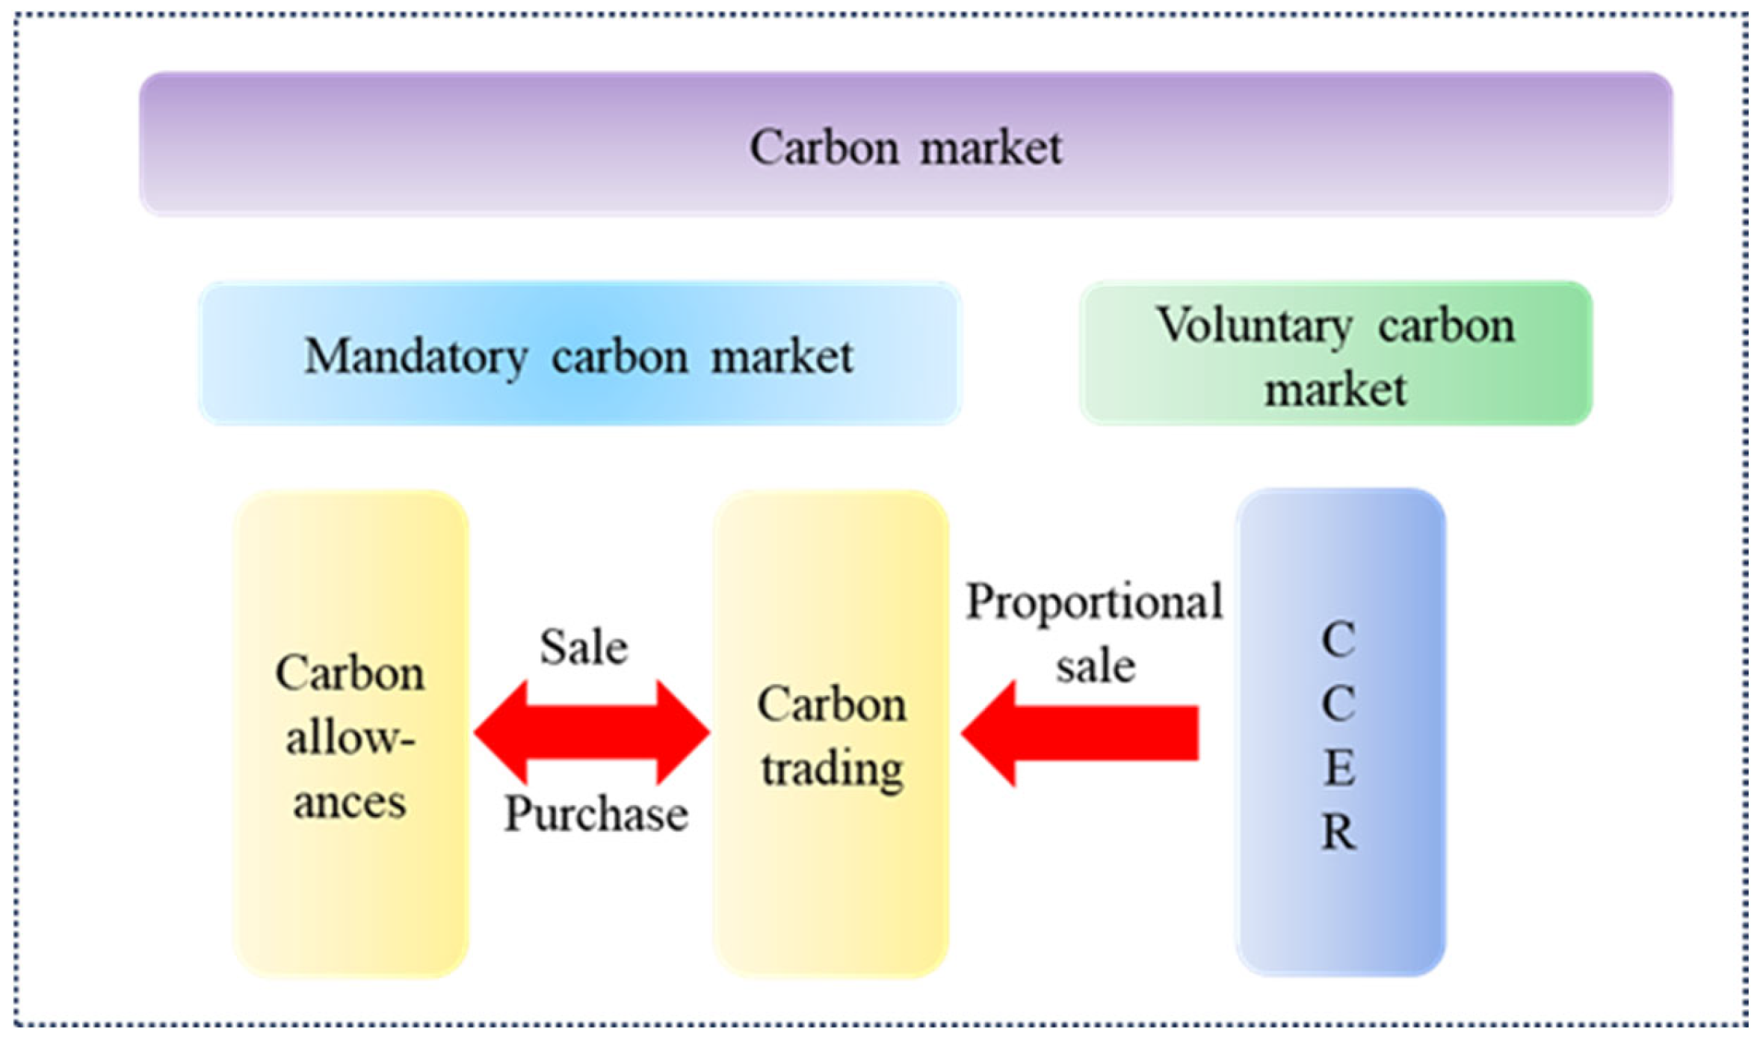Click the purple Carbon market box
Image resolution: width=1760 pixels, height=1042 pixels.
(x=905, y=144)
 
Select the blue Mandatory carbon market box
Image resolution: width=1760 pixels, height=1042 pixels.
(x=579, y=353)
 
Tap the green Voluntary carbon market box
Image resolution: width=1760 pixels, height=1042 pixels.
(x=1336, y=353)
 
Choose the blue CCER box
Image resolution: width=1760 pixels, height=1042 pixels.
(x=1339, y=733)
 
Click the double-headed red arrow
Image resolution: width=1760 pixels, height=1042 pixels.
(x=592, y=733)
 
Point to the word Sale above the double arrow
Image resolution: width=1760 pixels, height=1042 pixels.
(x=584, y=647)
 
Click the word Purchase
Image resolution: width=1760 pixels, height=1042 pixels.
(x=596, y=813)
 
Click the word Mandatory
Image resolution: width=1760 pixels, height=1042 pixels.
(x=416, y=357)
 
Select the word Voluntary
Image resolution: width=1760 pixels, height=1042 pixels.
(x=1255, y=326)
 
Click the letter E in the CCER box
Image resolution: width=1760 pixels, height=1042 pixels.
(x=1339, y=768)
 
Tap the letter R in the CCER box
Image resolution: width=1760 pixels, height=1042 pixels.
(x=1339, y=832)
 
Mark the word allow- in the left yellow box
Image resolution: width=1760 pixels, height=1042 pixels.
(x=351, y=739)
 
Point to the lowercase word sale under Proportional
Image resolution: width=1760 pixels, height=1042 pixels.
(x=1095, y=665)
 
